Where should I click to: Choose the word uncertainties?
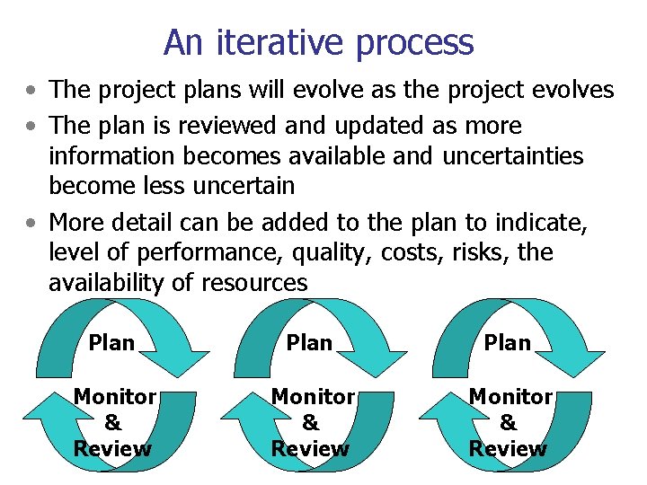coord(512,156)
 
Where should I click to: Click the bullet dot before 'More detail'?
coord(32,222)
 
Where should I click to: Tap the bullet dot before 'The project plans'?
coord(32,91)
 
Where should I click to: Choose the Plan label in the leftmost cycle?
coord(111,342)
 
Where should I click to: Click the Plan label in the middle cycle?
coord(310,342)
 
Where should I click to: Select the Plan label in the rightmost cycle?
coord(508,342)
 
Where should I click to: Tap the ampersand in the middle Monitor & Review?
coord(311,422)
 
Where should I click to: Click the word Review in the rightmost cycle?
coord(508,448)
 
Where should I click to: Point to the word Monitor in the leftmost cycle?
coord(114,396)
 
